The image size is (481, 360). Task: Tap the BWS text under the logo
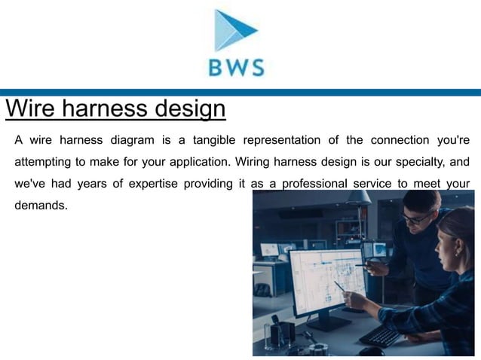click(237, 69)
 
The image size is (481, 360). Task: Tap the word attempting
click(42, 162)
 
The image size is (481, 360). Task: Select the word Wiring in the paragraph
click(256, 162)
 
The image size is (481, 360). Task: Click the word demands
click(41, 205)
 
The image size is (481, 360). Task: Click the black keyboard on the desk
click(380, 334)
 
